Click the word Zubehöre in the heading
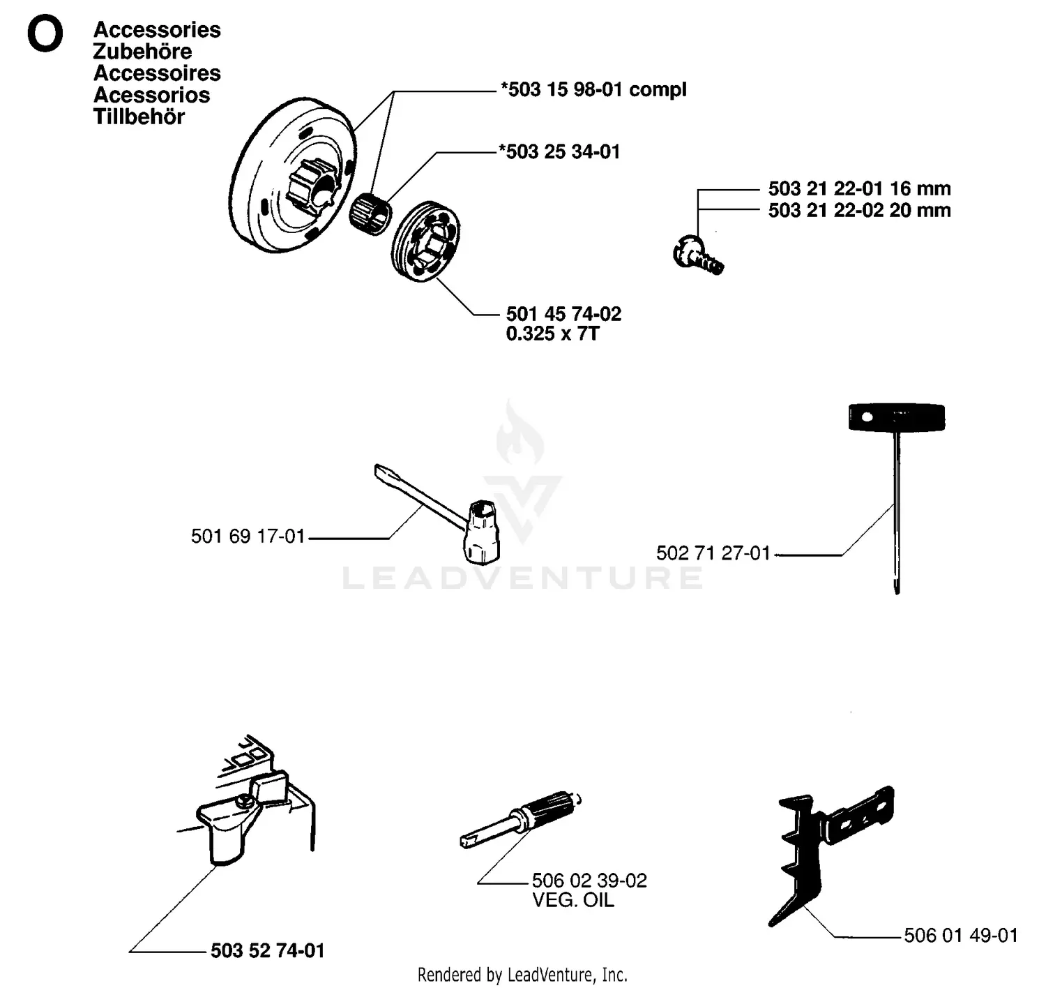pyautogui.click(x=142, y=52)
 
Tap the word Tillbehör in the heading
pyautogui.click(x=139, y=117)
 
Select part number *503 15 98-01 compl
pyautogui.click(x=593, y=90)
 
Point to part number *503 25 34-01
pyautogui.click(x=559, y=152)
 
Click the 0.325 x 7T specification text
pyautogui.click(x=552, y=334)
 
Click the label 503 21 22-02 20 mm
pyautogui.click(x=859, y=211)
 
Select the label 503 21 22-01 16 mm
pyautogui.click(x=859, y=189)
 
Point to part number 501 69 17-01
pyautogui.click(x=248, y=537)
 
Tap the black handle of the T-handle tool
pyautogui.click(x=896, y=417)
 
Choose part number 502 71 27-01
pyautogui.click(x=713, y=553)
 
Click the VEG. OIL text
pyautogui.click(x=573, y=901)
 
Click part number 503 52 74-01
pyautogui.click(x=268, y=951)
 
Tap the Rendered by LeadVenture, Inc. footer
pyautogui.click(x=522, y=975)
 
